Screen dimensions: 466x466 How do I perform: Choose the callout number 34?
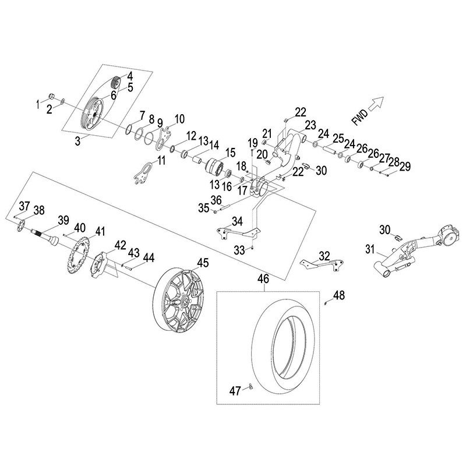(237, 221)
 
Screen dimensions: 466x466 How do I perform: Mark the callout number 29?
(405, 167)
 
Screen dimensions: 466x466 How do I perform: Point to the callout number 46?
(263, 280)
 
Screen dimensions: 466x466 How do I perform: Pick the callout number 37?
(24, 206)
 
